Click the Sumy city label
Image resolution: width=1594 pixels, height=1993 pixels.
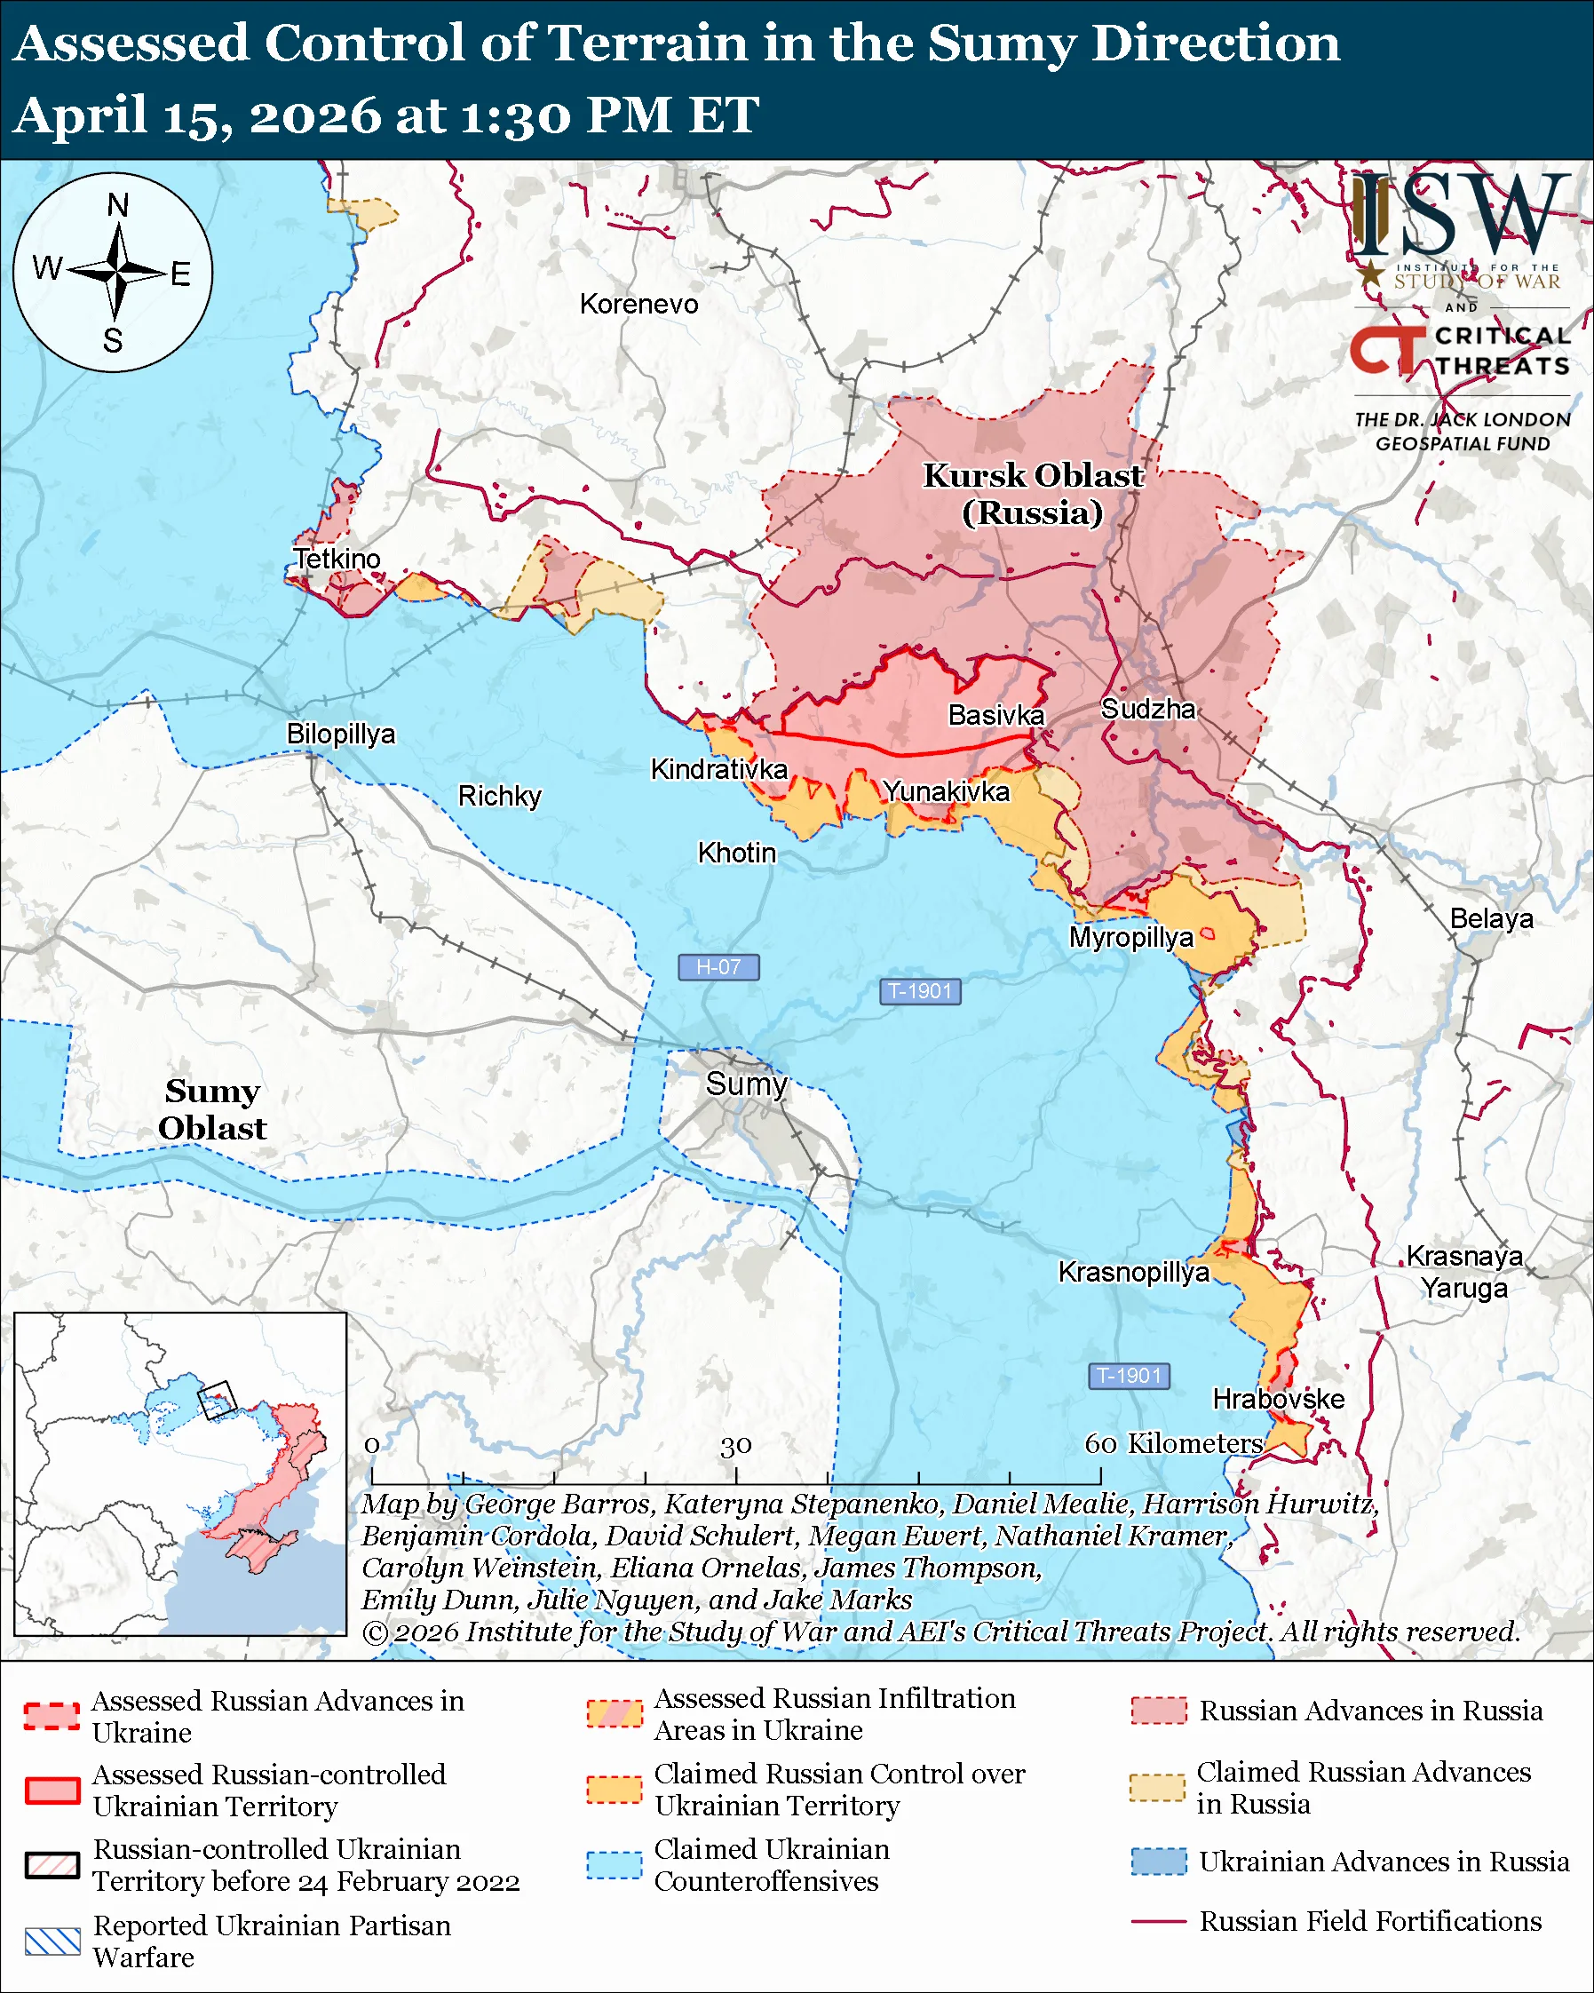746,1084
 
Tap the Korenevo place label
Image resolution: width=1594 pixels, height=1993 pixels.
638,304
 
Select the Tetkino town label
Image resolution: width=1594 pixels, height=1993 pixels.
337,559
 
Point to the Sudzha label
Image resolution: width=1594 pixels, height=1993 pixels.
1147,709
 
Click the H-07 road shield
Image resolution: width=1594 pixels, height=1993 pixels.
718,967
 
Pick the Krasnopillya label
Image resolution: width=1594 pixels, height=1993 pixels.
1133,1272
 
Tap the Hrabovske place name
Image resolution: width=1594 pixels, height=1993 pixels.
1278,1399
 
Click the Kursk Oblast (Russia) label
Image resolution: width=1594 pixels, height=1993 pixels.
1033,494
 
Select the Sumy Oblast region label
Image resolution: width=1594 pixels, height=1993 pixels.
211,1109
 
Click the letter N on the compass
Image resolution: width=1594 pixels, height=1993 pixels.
117,205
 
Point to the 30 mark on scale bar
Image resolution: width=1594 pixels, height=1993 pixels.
735,1446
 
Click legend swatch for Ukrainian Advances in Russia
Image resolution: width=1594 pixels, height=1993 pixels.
1159,1861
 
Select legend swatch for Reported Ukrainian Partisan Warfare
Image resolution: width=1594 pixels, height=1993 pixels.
52,1941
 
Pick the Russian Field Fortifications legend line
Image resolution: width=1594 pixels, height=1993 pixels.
1159,1921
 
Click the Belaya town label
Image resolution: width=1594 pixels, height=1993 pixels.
1491,919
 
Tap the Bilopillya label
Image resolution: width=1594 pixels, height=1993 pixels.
340,734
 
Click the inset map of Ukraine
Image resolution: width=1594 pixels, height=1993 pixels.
180,1474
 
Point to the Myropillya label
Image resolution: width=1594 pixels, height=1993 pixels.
1131,937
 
